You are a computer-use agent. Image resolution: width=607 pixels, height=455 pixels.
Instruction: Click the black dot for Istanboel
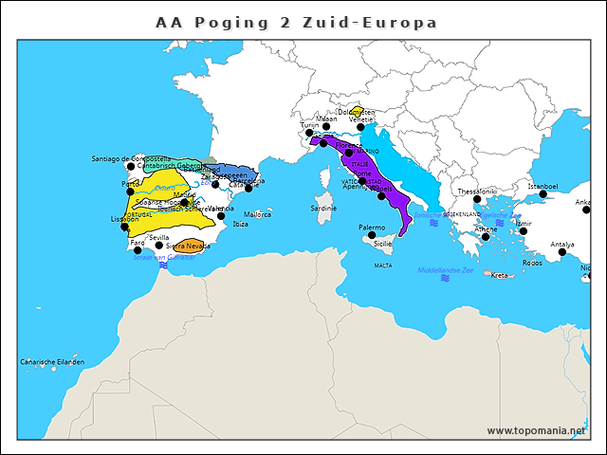pos(543,194)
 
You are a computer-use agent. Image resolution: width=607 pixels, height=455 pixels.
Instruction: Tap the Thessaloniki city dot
pos(477,199)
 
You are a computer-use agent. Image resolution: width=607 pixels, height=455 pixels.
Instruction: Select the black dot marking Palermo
pos(372,235)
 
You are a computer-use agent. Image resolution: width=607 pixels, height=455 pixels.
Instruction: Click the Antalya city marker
pos(562,252)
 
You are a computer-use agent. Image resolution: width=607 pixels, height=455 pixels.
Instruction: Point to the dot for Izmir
pos(523,231)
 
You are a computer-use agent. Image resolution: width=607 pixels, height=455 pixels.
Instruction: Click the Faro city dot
pos(138,250)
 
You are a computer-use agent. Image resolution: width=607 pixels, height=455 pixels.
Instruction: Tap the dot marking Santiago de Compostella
pos(131,167)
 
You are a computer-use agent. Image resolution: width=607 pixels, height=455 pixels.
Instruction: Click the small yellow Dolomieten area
pos(356,113)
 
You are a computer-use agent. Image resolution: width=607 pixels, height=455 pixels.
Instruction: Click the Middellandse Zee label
pos(446,270)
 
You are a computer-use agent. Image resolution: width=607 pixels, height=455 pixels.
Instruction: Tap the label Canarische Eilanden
pos(52,362)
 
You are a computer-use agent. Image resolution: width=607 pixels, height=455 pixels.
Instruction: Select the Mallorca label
pos(257,214)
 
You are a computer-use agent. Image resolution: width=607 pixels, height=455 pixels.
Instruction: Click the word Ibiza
pos(240,225)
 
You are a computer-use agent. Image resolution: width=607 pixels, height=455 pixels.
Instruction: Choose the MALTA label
pos(383,265)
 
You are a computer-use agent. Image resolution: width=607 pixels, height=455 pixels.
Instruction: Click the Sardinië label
pos(323,208)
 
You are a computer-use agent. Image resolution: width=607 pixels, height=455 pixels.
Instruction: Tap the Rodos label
pos(532,263)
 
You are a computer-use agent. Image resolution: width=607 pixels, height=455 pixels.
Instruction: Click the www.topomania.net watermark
pos(536,430)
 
